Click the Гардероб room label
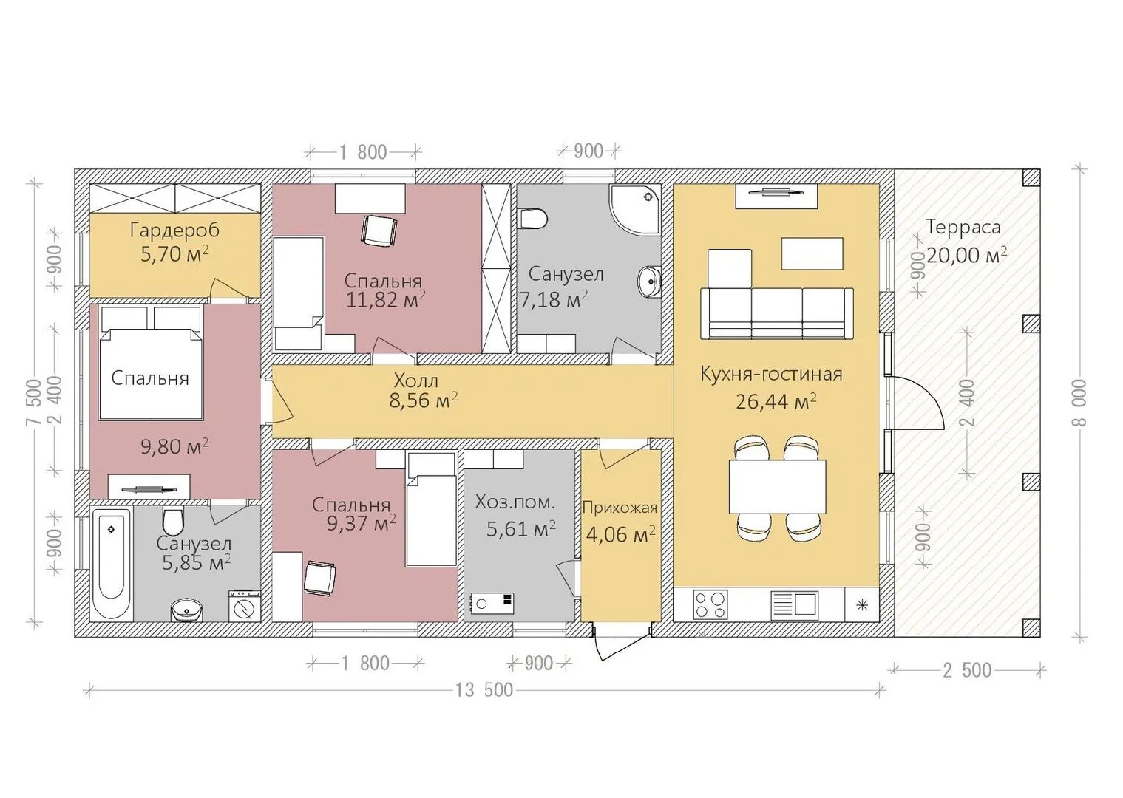[174, 231]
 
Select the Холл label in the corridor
[415, 381]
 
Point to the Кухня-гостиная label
[771, 374]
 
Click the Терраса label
[963, 228]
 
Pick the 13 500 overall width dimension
[484, 690]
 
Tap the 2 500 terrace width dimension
[967, 670]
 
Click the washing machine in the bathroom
[244, 606]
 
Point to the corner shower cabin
[635, 209]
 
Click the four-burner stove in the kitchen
[710, 604]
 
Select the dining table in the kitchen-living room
[776, 487]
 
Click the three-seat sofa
[776, 313]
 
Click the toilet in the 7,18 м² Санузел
[535, 219]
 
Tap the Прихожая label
[620, 508]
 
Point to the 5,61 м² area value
[521, 529]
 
